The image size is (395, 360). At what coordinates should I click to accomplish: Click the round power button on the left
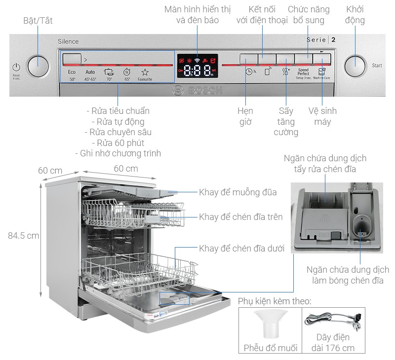pyautogui.click(x=38, y=66)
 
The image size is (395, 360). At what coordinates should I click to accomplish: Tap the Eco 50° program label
pyautogui.click(x=72, y=75)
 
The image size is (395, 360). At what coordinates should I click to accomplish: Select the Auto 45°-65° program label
pyautogui.click(x=90, y=75)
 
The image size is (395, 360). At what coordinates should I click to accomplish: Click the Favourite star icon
pyautogui.click(x=145, y=74)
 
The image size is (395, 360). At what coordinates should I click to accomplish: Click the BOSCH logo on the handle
pyautogui.click(x=197, y=91)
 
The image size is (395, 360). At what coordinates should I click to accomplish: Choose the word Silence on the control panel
pyautogui.click(x=68, y=42)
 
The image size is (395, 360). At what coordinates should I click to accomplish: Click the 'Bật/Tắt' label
pyautogui.click(x=38, y=21)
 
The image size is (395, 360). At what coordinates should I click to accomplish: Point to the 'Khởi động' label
pyautogui.click(x=355, y=15)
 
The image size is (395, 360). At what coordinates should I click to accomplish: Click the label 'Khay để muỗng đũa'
pyautogui.click(x=237, y=192)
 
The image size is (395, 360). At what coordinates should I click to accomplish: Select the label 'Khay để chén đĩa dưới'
pyautogui.click(x=241, y=249)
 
